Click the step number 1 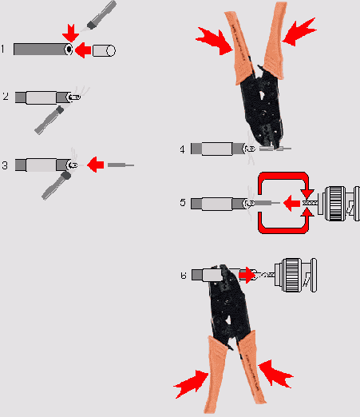click(3, 49)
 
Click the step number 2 click(6, 96)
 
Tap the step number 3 click(5, 165)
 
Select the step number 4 click(182, 149)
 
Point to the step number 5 click(183, 202)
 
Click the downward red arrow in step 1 click(70, 33)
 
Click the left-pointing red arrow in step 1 click(83, 50)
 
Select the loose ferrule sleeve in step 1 click(104, 50)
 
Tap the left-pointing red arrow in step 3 click(95, 165)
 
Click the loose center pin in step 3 click(121, 165)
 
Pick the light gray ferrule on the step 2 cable click(42, 97)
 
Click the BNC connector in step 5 click(338, 204)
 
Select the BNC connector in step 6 click(295, 275)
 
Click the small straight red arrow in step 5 click(291, 203)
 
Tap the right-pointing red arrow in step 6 click(247, 275)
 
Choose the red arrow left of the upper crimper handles click(215, 41)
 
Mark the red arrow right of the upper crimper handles click(299, 31)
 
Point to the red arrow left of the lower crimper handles click(191, 383)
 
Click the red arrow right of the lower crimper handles click(276, 374)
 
